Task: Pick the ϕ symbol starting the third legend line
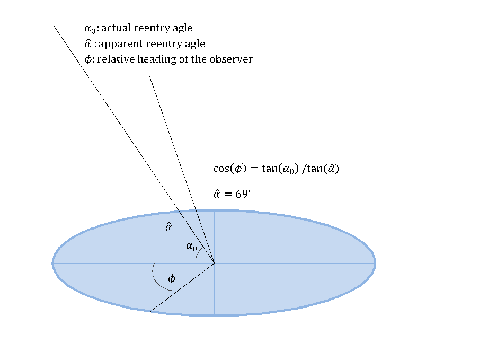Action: click(x=88, y=59)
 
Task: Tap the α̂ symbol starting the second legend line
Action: click(x=88, y=43)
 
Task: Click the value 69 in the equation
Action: click(x=242, y=194)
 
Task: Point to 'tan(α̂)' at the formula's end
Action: click(x=323, y=169)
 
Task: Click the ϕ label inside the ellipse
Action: click(x=171, y=279)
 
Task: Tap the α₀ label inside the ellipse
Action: click(x=191, y=246)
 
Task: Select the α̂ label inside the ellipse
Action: click(x=168, y=227)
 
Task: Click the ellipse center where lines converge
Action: click(x=214, y=262)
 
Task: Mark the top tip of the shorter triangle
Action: click(x=149, y=76)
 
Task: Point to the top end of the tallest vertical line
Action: click(x=54, y=25)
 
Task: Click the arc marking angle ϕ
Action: click(x=154, y=276)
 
